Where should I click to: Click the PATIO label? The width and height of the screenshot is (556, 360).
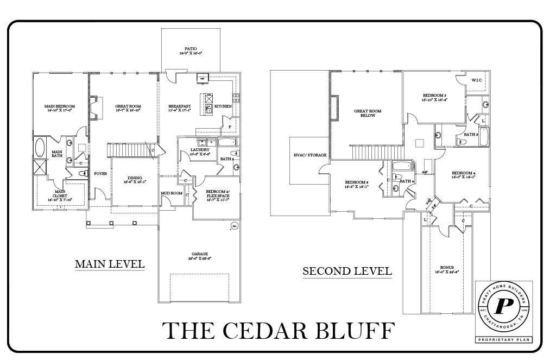pos(191,48)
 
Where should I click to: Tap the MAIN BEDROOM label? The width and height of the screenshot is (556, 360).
pos(59,106)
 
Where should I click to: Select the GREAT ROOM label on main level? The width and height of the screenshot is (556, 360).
pos(128,106)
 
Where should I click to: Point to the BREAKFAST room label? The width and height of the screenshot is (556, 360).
pos(179,106)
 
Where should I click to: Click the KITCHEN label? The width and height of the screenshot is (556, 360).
pos(223,106)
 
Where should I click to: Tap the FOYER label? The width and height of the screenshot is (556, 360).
pos(100,174)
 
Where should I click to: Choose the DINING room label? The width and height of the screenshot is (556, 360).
pos(135,178)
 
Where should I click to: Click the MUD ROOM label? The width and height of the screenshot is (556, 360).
pos(171,193)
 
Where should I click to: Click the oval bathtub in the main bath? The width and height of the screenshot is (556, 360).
pos(40,148)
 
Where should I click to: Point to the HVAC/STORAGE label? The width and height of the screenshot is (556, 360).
pos(310,155)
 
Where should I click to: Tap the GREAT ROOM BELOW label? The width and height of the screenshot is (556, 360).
pos(368,113)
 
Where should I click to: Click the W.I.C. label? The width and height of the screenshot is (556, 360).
pos(477,80)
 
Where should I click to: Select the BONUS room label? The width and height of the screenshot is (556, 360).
pos(447,267)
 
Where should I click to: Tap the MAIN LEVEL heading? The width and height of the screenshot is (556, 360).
pos(110,264)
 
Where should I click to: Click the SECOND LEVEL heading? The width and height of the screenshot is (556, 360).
pos(347,270)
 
